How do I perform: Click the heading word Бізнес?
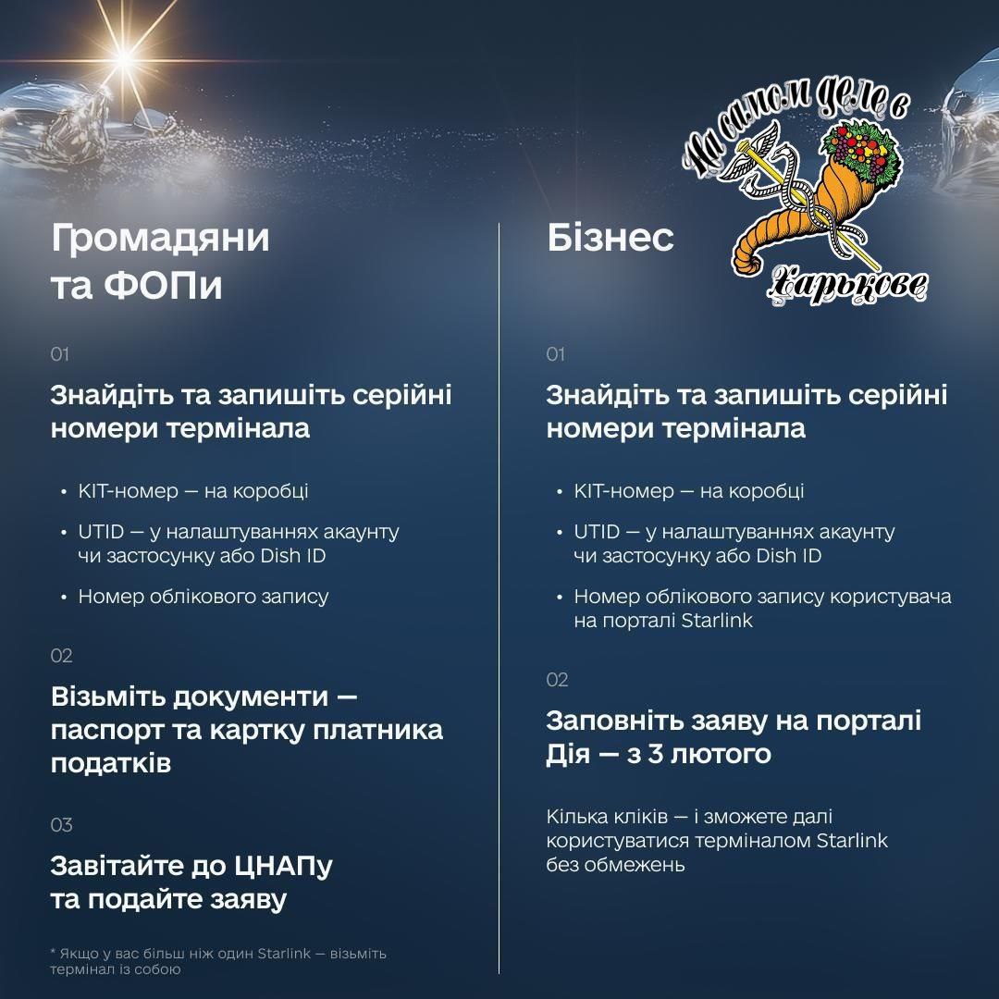point(610,238)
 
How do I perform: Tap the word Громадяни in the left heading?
point(161,239)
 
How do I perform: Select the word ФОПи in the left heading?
point(163,286)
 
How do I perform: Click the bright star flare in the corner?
point(124,58)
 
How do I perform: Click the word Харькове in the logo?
point(847,286)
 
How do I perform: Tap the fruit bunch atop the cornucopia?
point(859,151)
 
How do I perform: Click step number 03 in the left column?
point(61,825)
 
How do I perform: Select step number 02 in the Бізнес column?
point(557,680)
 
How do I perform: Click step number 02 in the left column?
point(61,656)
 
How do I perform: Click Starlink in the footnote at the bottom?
point(284,953)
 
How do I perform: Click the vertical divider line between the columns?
point(499,598)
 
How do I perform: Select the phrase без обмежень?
point(615,865)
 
